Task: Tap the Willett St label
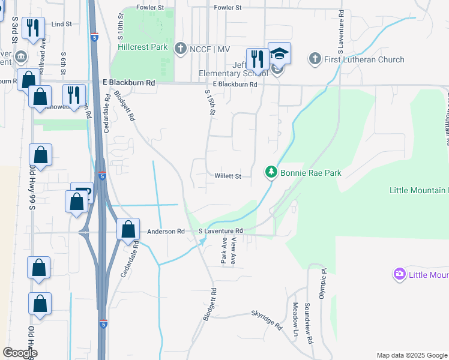point(228,176)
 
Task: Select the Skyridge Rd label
point(266,320)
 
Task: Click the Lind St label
point(62,24)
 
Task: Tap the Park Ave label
point(224,250)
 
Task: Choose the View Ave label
point(234,250)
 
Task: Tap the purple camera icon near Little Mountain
point(399,275)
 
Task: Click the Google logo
point(20,353)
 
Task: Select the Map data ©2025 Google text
point(411,355)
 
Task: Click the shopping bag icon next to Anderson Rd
point(128,229)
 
